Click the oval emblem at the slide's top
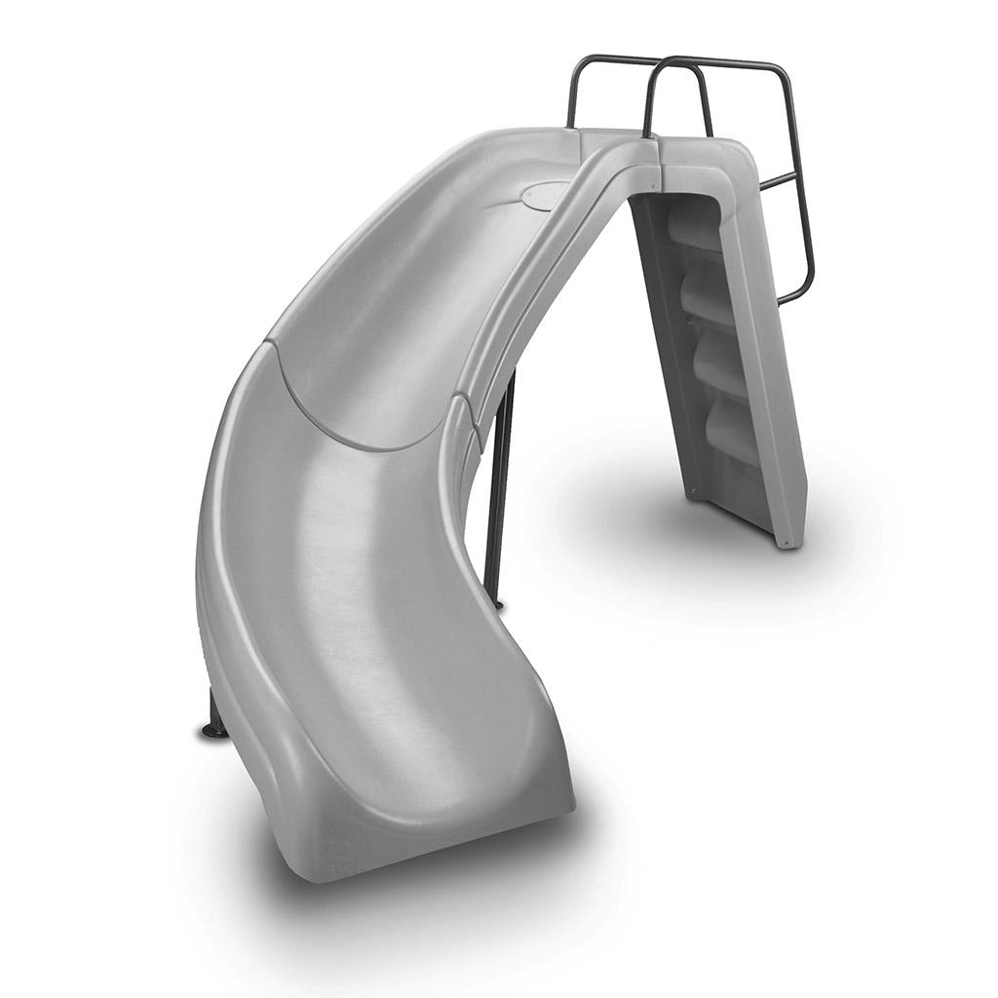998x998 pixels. pyautogui.click(x=545, y=194)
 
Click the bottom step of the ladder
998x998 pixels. pyautogui.click(x=730, y=429)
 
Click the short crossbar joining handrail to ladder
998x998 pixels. pyautogui.click(x=777, y=182)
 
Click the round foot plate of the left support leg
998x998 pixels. pyautogui.click(x=212, y=730)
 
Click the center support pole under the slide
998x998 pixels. pyautogui.click(x=500, y=487)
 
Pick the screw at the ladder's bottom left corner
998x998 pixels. pyautogui.click(x=693, y=492)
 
